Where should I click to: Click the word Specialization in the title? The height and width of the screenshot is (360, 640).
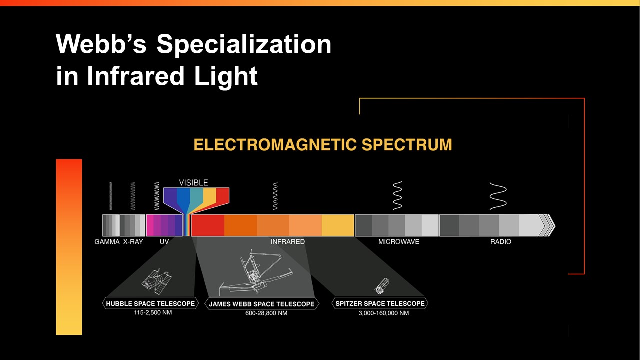click(x=244, y=45)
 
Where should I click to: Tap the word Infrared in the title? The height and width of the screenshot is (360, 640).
click(x=135, y=76)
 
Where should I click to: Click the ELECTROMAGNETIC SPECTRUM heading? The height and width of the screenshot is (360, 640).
click(x=323, y=145)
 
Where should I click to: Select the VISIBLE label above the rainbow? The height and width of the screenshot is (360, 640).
click(x=193, y=183)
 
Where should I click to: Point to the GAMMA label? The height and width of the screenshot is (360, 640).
click(x=107, y=242)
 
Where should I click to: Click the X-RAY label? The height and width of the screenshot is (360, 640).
click(x=133, y=242)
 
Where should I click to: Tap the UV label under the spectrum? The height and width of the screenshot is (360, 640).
click(x=164, y=242)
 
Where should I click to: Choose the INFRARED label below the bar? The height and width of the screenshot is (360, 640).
click(x=287, y=242)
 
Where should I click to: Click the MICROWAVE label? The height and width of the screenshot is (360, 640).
click(x=399, y=242)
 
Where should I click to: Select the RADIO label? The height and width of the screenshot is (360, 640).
click(x=501, y=242)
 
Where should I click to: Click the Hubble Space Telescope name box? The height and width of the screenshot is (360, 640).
click(x=150, y=303)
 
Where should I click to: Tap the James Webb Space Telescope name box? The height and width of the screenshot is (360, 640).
click(x=262, y=304)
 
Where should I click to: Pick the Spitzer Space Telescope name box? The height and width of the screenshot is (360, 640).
click(x=380, y=303)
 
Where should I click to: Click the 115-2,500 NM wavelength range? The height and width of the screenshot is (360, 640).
click(x=153, y=313)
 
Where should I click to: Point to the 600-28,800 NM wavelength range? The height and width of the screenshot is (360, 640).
click(x=266, y=313)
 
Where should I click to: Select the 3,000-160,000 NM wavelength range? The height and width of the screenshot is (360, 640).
click(x=383, y=313)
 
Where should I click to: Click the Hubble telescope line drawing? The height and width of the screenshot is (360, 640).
click(x=156, y=281)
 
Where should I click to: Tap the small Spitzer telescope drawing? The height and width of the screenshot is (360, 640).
click(x=381, y=286)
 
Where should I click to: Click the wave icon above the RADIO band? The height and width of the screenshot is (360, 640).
click(x=498, y=196)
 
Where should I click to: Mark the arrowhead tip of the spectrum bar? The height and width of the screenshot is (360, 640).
click(x=555, y=225)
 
